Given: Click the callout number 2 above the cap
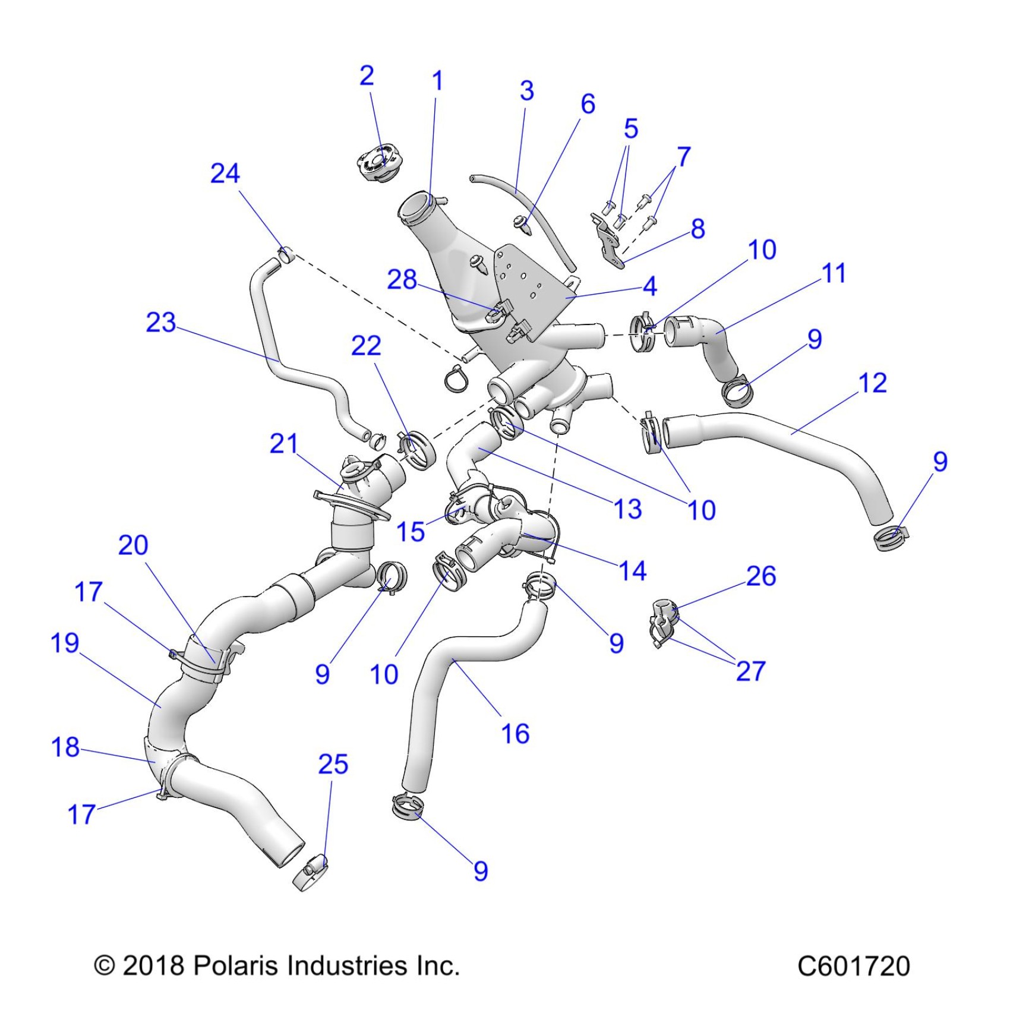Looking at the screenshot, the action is (x=367, y=76).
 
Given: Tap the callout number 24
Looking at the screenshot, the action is (x=225, y=173).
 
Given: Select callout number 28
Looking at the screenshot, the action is (x=402, y=280).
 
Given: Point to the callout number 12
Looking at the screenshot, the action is (x=873, y=383).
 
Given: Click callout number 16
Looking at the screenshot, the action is (x=515, y=734).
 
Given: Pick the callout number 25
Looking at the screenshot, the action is (x=333, y=764).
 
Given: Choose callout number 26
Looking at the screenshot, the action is (x=761, y=576).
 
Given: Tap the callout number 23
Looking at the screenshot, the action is (x=161, y=323).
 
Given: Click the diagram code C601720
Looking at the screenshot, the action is (x=853, y=967).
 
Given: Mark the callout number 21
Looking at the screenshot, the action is (x=283, y=444).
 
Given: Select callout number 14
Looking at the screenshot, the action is (x=632, y=571).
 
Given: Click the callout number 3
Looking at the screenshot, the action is (x=526, y=91).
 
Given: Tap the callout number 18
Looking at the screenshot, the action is (x=65, y=747).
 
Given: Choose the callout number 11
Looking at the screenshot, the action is (x=834, y=274).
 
